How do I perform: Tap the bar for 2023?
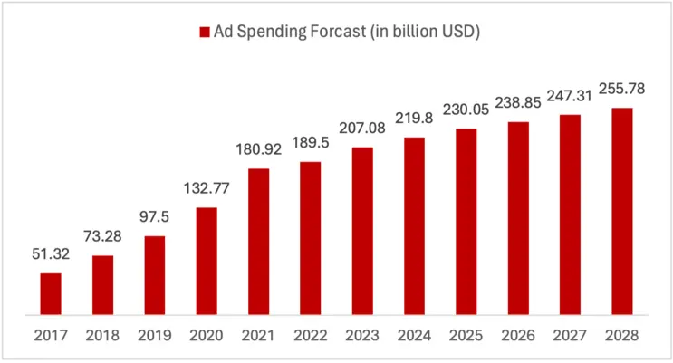click(362, 231)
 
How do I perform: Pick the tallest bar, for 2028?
click(621, 211)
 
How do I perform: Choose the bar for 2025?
click(466, 222)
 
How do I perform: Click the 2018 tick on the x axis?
click(103, 335)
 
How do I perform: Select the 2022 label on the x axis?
click(311, 335)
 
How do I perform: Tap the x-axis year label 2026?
click(518, 335)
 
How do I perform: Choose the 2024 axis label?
click(414, 335)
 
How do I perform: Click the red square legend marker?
click(203, 33)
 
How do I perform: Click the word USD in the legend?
click(458, 32)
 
